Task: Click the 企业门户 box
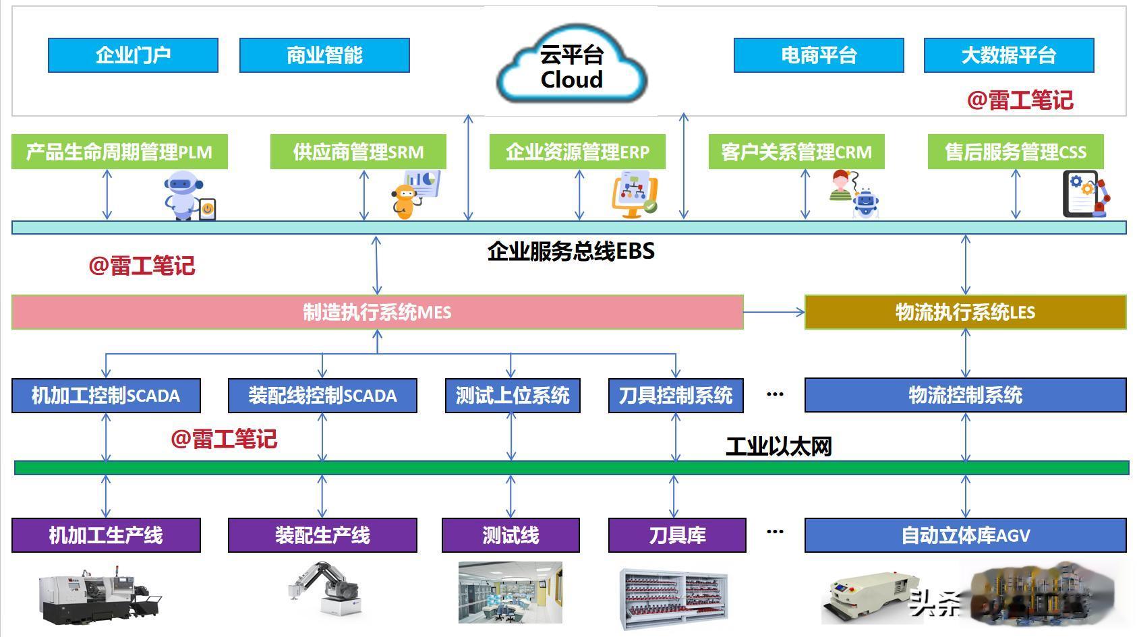click(x=133, y=55)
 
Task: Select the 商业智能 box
click(x=324, y=55)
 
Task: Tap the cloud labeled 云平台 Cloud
click(x=572, y=64)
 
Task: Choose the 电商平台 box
click(x=819, y=55)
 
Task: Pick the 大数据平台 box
click(x=1009, y=55)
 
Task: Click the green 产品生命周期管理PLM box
click(x=119, y=152)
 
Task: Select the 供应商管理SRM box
click(x=358, y=152)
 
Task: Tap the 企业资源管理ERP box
click(x=578, y=152)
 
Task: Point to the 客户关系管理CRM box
click(x=796, y=152)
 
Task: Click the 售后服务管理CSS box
click(x=1016, y=152)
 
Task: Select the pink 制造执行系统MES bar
click(x=377, y=312)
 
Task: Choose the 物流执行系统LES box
click(x=966, y=312)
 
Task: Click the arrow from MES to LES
click(x=774, y=312)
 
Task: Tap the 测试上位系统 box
click(x=513, y=396)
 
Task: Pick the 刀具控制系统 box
click(x=676, y=396)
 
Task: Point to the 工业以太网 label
click(x=779, y=447)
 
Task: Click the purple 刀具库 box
click(x=677, y=535)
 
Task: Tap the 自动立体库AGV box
click(x=966, y=535)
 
